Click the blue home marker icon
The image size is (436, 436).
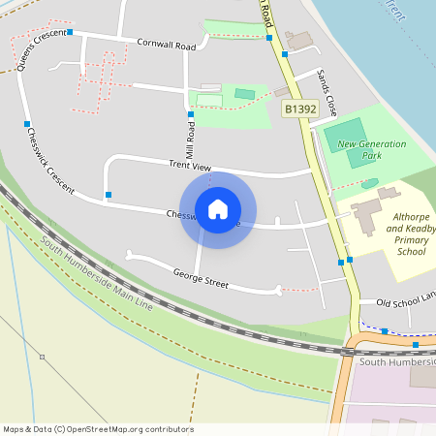coord(218,208)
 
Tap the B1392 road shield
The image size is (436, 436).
coord(300,110)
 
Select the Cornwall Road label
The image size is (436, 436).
coord(167,45)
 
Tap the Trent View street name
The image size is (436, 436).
coord(189,167)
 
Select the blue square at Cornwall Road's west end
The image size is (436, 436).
coord(71,32)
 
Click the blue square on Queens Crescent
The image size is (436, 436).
coord(26,124)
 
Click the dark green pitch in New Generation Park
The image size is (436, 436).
coord(345,133)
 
